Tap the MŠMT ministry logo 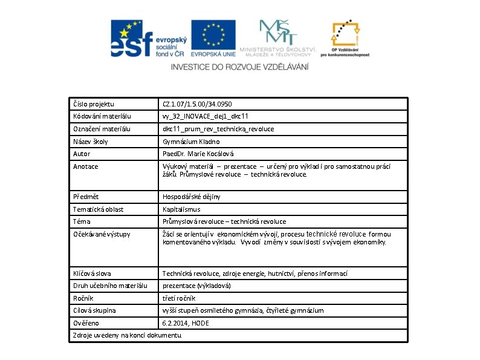click(x=278, y=38)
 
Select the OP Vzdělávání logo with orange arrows click(x=345, y=39)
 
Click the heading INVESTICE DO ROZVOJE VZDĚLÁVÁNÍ click(x=239, y=67)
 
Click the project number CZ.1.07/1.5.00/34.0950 click(x=197, y=104)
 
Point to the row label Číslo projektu click(x=94, y=104)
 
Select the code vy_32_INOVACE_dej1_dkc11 click(x=206, y=116)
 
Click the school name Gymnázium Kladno click(x=191, y=142)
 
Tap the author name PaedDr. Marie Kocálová click(x=198, y=154)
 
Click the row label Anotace click(x=86, y=166)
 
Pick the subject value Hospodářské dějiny click(x=192, y=197)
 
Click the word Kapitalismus click(x=181, y=209)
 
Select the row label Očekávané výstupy click(x=102, y=234)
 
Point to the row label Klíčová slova click(x=92, y=273)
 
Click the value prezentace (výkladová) click(x=197, y=286)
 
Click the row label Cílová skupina click(x=94, y=310)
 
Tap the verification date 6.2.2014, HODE click(x=186, y=323)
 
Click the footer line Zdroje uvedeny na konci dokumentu click(x=127, y=335)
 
